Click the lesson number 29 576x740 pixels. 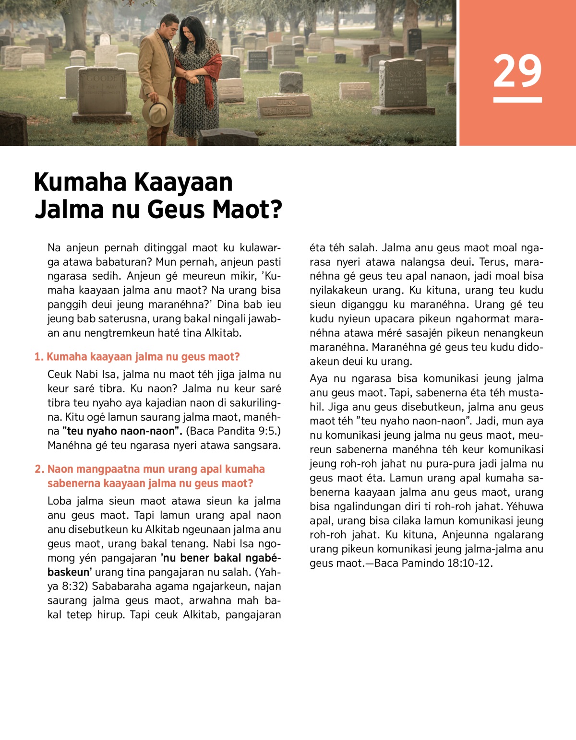click(517, 71)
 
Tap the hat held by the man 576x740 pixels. click(157, 110)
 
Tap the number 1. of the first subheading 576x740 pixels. click(39, 357)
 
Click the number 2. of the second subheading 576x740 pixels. click(39, 469)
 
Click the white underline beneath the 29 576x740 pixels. click(517, 100)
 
